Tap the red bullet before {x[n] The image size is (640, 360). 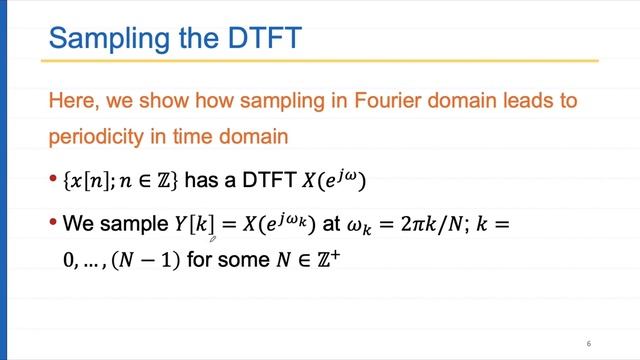[54, 181]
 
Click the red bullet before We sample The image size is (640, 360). [54, 224]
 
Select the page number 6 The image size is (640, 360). [589, 343]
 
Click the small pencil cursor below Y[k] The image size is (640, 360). [212, 240]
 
